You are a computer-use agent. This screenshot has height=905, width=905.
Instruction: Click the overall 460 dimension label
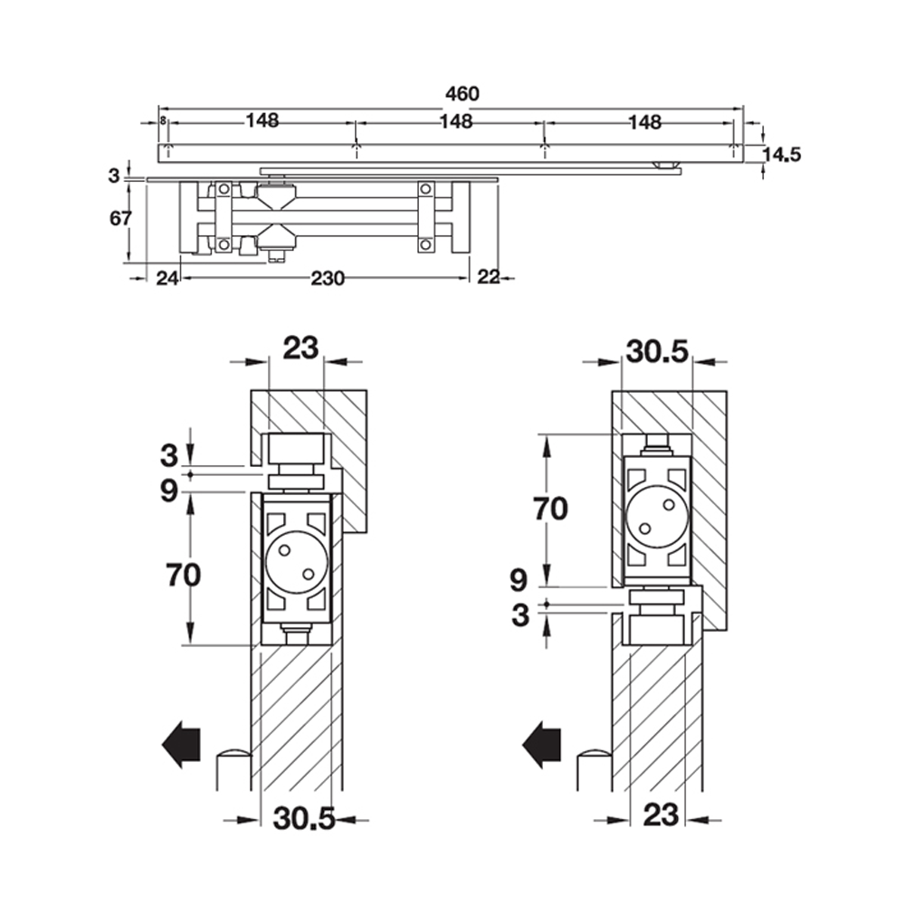point(461,93)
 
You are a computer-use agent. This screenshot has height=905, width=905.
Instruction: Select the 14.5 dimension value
point(782,154)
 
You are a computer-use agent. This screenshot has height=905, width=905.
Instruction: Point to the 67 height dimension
point(121,218)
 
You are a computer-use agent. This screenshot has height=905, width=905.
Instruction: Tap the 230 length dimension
point(327,279)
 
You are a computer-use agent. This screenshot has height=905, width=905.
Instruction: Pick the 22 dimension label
point(488,278)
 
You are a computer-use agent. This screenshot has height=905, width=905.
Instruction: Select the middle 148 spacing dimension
point(455,121)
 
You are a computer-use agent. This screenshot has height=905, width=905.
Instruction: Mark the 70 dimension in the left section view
point(184,573)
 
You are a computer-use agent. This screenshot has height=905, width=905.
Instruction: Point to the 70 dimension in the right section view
point(549,510)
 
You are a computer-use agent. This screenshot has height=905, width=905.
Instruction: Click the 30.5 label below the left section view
point(303,818)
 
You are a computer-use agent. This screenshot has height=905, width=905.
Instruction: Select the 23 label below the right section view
point(660,815)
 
